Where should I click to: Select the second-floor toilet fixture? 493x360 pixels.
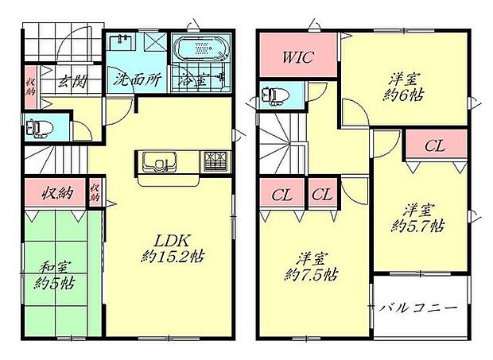(x=271, y=95)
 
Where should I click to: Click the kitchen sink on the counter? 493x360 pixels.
(x=160, y=163)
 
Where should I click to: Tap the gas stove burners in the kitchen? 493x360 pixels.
(x=215, y=161)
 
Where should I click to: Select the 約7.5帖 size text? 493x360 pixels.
(x=312, y=275)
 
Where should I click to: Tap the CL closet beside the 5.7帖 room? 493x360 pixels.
(x=434, y=145)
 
